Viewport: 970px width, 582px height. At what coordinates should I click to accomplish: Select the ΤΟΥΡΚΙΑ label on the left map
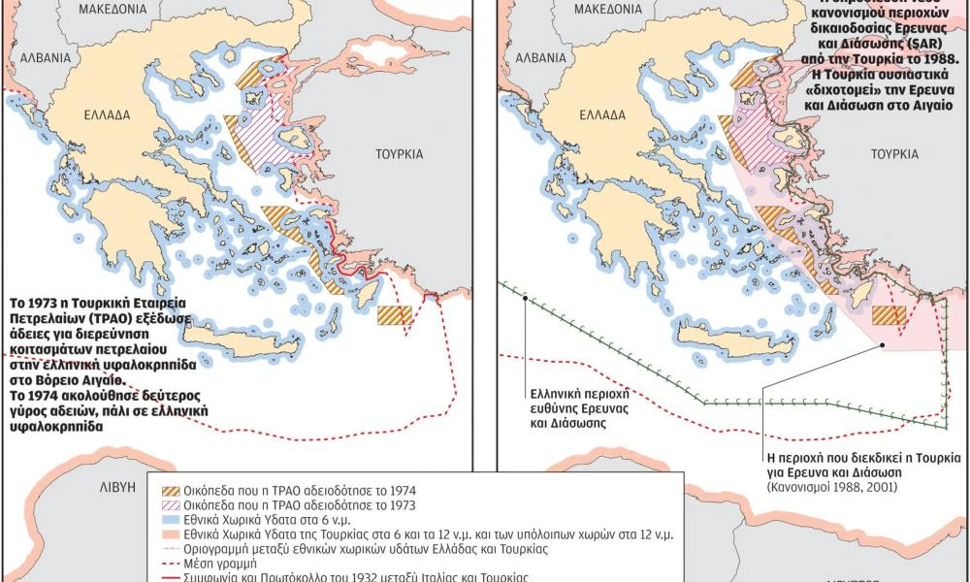click(401, 154)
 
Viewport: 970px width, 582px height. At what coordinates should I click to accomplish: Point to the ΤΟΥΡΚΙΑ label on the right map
click(893, 154)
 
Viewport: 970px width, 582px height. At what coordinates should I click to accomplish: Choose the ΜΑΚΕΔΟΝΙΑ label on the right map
click(609, 9)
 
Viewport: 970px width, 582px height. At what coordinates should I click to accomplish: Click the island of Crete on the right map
click(723, 337)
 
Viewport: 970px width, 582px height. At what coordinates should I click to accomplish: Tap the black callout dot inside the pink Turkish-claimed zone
click(883, 344)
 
